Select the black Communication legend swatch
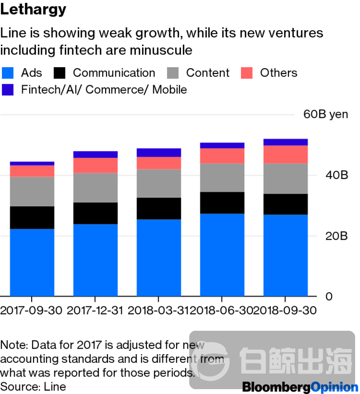[59, 73]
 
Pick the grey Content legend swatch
[173, 73]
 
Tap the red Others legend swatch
[247, 73]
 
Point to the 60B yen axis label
[325, 114]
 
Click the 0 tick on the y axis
[329, 297]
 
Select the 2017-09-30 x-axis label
[32, 310]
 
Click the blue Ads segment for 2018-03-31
[159, 258]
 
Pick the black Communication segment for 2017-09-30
[32, 217]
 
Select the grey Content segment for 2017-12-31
[95, 188]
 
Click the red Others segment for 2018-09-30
[286, 154]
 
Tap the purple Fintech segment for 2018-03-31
[159, 152]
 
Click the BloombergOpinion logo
[299, 387]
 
